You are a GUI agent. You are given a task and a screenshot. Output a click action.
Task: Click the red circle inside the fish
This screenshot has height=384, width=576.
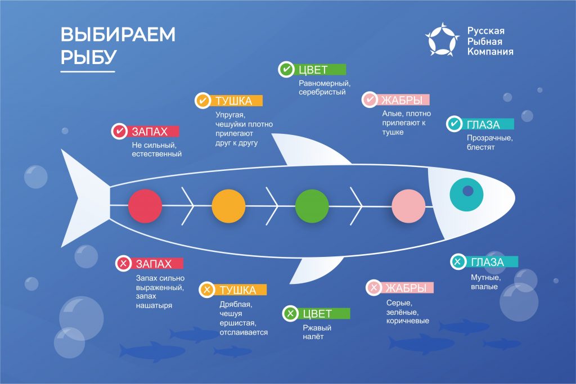point(145,206)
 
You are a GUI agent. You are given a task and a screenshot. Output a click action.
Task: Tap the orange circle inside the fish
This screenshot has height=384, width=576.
point(228,206)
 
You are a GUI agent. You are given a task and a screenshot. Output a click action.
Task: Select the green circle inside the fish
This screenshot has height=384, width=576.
point(312,206)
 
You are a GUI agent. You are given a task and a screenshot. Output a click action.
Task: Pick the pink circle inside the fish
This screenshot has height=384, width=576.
point(408,206)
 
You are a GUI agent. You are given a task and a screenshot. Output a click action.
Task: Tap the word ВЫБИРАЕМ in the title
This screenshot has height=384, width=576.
point(118,34)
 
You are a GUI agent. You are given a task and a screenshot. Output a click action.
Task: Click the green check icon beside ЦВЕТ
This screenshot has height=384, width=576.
point(286,70)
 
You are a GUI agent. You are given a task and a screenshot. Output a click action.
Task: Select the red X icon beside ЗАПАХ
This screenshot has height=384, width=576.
point(123,263)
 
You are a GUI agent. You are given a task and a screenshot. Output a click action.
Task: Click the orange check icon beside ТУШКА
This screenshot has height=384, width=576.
point(202,101)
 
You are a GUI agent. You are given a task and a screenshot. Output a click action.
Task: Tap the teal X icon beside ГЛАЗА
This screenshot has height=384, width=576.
point(458,261)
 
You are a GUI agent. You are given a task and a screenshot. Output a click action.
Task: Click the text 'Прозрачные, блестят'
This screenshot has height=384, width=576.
point(489,142)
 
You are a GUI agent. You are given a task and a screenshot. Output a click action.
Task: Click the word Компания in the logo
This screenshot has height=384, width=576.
point(490,51)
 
